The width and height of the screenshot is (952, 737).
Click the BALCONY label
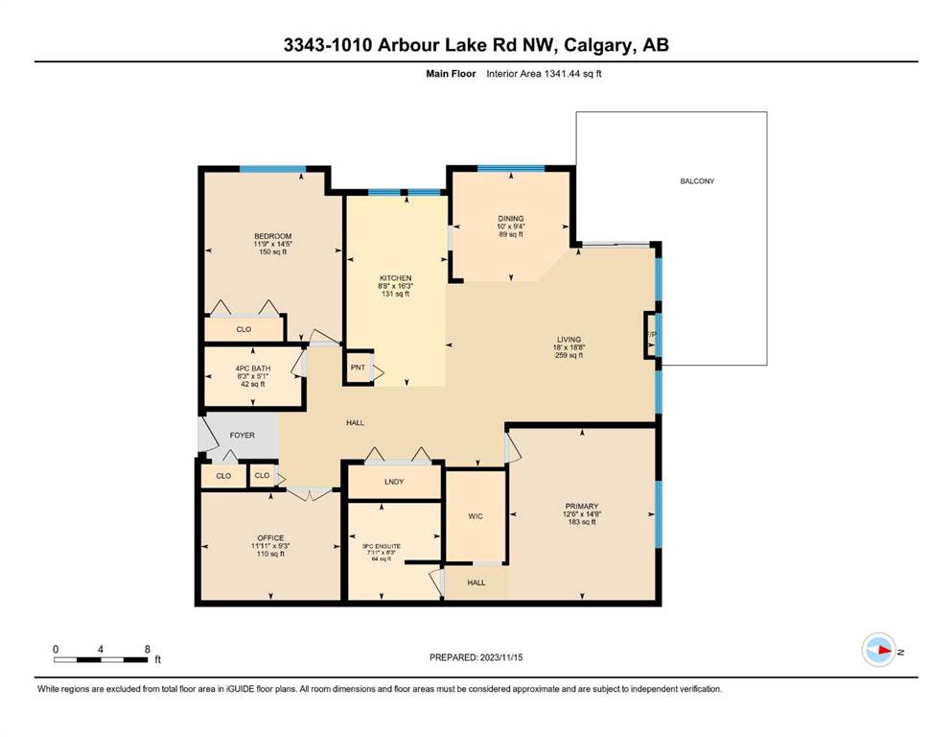(x=697, y=181)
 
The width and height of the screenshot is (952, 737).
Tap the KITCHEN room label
(x=396, y=277)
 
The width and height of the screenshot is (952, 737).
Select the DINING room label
(x=511, y=218)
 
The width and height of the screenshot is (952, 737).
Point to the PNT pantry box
(x=359, y=367)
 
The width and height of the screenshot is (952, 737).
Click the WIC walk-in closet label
(x=476, y=516)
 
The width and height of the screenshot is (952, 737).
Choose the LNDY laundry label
(x=394, y=482)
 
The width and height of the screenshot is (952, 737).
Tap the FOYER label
(x=243, y=435)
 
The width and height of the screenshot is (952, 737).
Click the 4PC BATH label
(x=253, y=368)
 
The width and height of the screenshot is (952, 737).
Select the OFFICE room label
(x=270, y=537)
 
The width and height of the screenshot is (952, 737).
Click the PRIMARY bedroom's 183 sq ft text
(x=582, y=522)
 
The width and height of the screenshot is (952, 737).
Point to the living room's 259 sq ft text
(x=569, y=355)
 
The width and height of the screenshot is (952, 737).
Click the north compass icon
(x=879, y=650)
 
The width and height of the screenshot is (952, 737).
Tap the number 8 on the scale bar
(x=148, y=649)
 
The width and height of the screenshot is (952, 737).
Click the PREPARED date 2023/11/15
(x=501, y=657)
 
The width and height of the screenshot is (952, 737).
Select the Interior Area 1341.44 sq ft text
(x=544, y=74)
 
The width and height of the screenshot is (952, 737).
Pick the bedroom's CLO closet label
(x=244, y=329)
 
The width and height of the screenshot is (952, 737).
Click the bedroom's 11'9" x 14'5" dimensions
(x=273, y=244)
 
